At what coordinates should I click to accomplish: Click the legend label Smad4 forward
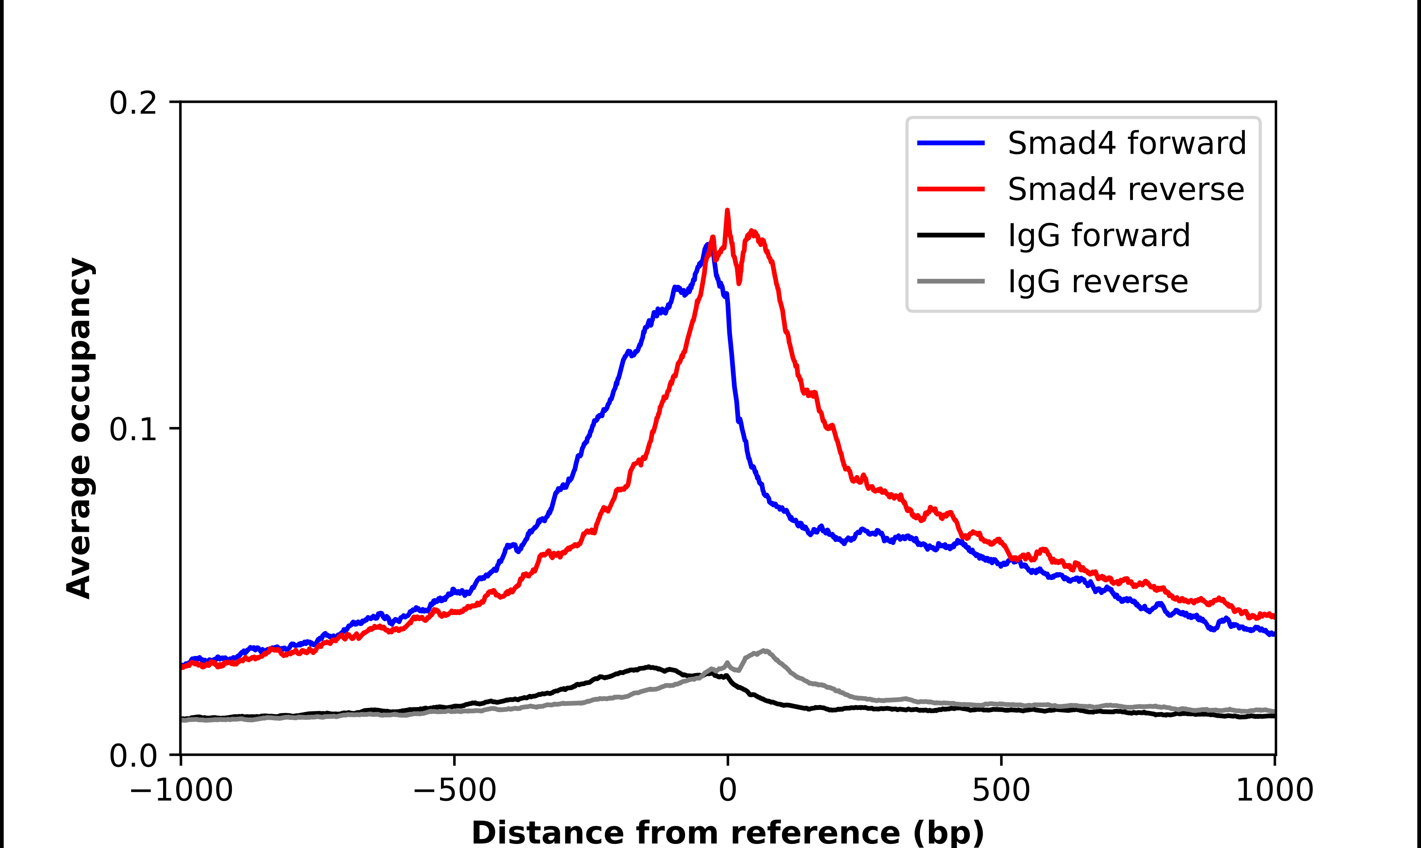1126,143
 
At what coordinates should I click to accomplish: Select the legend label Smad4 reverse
1126,189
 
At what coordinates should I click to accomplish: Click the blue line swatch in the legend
951,143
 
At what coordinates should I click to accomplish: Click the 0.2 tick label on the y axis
133,103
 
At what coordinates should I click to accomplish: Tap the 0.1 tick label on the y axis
133,429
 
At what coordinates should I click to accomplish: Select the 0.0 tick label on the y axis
133,755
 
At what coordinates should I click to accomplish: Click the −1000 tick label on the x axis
181,790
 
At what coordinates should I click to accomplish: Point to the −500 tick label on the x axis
455,790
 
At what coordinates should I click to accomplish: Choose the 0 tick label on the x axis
728,790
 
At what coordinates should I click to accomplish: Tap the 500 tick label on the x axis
1001,790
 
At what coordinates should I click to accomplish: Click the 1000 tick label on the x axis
1275,790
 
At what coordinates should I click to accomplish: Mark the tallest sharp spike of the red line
727,211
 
